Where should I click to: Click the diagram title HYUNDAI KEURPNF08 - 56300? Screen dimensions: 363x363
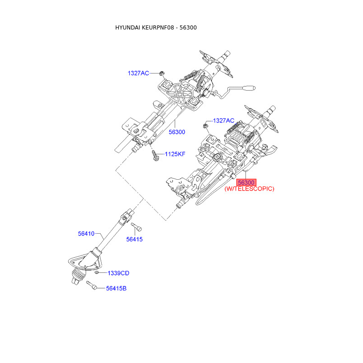(156, 28)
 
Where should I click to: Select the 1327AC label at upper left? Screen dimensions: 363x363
(138, 73)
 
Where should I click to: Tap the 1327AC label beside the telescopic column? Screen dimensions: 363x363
(224, 121)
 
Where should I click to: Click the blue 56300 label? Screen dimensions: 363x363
(177, 132)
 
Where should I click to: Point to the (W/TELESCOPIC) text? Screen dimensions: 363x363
(250, 189)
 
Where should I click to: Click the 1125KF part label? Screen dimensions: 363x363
(175, 154)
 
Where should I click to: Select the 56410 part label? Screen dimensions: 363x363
(86, 234)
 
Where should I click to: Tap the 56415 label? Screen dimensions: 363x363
(134, 239)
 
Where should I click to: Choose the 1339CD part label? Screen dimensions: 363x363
(118, 273)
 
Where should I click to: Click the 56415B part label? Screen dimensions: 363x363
(116, 288)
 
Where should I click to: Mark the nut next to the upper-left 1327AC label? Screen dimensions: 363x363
(162, 73)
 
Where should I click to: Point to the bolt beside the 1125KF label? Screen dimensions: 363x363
(155, 155)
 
